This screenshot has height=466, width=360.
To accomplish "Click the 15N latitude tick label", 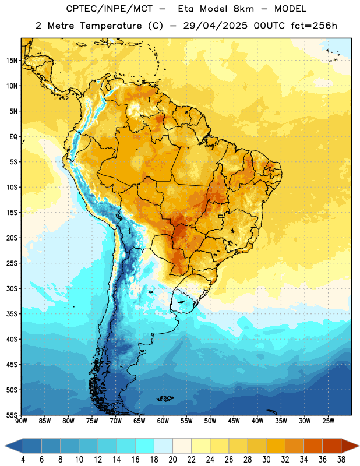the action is (12, 61).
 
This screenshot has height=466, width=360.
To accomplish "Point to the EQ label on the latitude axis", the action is (13, 137).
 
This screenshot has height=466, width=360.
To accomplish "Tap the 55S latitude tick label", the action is (12, 415).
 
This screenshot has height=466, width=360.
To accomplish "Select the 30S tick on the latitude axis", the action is (12, 288).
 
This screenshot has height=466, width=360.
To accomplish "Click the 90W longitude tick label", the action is (22, 421).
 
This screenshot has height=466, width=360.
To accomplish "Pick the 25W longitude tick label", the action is (328, 421).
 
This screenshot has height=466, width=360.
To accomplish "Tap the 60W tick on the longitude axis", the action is (163, 421).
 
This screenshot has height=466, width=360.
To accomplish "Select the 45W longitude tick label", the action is (234, 421).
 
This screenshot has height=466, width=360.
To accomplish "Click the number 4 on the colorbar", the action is (23, 460).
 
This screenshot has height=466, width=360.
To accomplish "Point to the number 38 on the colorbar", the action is (341, 460).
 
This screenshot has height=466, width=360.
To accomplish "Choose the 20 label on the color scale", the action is (172, 460).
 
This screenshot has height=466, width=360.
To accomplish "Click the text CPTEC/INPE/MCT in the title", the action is (110, 9).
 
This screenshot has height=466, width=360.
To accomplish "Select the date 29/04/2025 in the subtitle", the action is (215, 26).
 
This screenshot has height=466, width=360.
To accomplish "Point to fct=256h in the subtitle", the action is (314, 26).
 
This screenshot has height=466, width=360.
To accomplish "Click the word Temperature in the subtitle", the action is (111, 26).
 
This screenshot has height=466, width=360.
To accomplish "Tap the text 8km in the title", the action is (243, 9).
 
